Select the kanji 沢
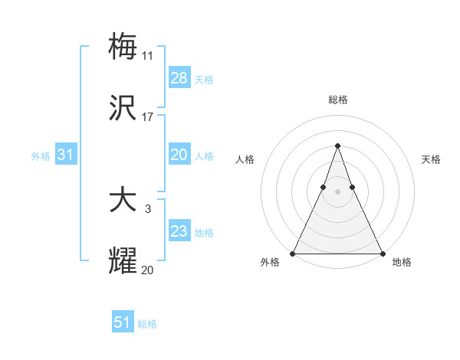[x=123, y=109]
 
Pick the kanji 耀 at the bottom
[x=123, y=260]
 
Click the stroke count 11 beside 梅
[x=148, y=56]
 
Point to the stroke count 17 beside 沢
[x=148, y=117]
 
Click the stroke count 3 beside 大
[x=148, y=208]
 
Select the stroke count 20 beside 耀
[x=148, y=269]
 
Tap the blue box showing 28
[x=179, y=78]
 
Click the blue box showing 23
[x=179, y=231]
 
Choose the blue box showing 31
[x=66, y=155]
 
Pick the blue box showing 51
[x=123, y=322]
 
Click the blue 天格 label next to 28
[x=204, y=80]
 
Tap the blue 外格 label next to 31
[x=41, y=156]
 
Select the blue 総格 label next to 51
[x=147, y=324]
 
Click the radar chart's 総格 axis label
[x=338, y=100]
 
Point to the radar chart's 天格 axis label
[x=431, y=159]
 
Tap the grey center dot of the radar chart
[x=337, y=192]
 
